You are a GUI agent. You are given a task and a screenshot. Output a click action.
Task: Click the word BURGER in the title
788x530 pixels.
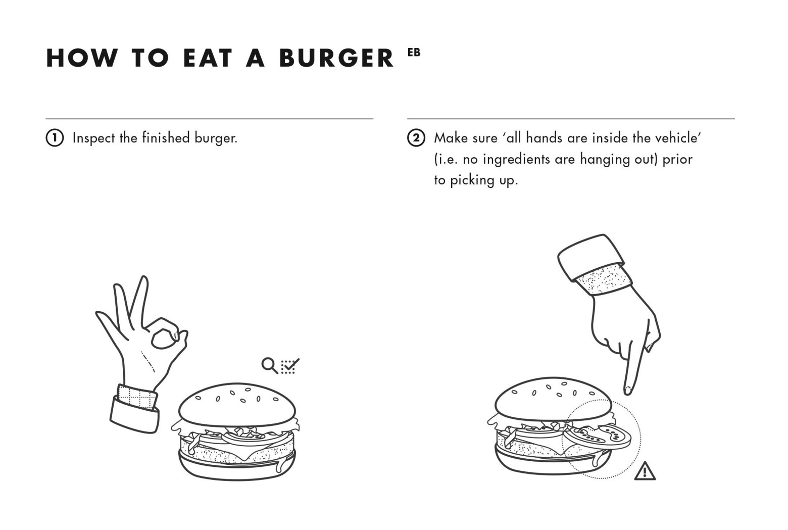336,58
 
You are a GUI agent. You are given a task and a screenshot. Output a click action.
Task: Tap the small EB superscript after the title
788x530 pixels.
414,52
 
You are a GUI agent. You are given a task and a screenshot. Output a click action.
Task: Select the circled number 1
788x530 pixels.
55,138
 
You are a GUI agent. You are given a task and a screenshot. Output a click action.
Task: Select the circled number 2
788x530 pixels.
416,138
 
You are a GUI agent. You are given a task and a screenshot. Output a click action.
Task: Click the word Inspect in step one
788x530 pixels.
94,138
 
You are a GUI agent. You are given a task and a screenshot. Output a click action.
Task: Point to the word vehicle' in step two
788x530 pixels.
677,138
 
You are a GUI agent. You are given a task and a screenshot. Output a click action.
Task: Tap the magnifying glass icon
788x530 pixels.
269,365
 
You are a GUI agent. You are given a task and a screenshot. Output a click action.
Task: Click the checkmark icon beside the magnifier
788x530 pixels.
290,365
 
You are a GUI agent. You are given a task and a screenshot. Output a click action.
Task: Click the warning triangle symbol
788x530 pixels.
645,471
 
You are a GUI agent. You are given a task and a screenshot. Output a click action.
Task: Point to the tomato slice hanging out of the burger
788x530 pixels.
599,436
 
